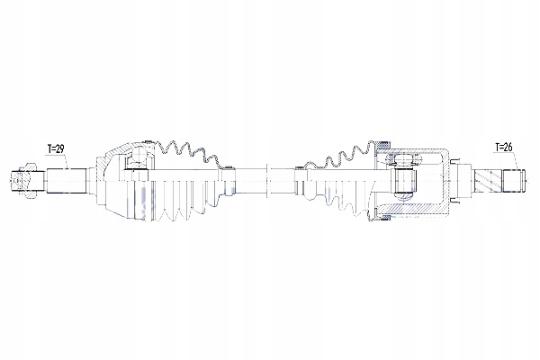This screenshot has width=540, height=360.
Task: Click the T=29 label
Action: [56, 148]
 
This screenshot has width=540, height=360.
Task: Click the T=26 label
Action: [504, 147]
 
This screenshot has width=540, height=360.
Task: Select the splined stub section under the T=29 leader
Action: [66, 181]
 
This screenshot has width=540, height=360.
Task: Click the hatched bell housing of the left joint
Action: [113, 155]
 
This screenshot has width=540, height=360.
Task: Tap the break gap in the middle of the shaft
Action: [267, 181]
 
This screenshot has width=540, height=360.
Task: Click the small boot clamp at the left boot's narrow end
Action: [227, 168]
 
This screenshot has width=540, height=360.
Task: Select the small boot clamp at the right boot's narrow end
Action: [299, 167]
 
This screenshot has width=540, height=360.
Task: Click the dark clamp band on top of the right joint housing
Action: [383, 143]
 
